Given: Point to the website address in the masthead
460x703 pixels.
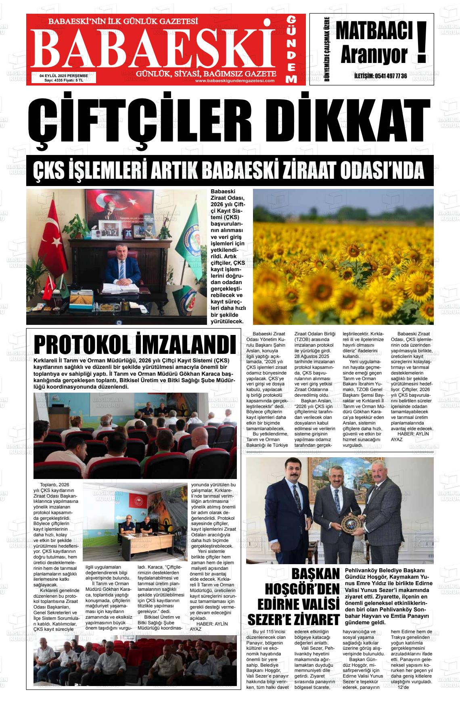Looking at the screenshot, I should coord(235,80).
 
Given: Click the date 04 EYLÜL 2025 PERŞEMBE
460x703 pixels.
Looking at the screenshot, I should coord(64,75).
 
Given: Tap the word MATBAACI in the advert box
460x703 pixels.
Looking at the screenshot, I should coord(374,31).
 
